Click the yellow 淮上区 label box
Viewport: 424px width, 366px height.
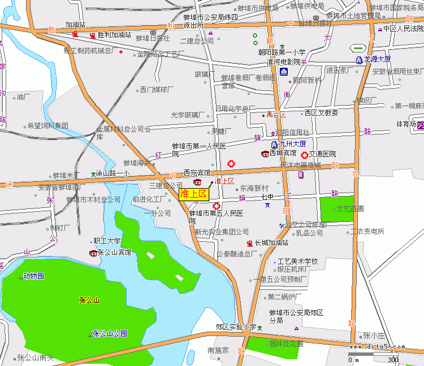point(194,194)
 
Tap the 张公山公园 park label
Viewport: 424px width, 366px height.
point(110,333)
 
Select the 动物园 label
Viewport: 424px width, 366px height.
point(33,276)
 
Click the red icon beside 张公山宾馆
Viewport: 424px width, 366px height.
point(93,252)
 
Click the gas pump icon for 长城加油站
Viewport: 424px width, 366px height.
point(249,243)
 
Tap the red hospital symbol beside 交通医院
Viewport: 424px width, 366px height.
point(305,154)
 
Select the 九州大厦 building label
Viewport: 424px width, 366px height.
point(292,144)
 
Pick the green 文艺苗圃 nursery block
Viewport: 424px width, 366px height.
point(338,208)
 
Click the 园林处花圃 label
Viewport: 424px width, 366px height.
point(285,343)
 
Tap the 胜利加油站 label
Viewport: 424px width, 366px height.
point(114,35)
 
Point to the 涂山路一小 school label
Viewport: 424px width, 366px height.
point(113,173)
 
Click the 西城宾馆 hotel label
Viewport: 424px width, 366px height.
point(283,153)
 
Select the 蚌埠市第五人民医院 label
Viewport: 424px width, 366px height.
point(216,213)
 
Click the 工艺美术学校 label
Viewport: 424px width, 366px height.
point(297,262)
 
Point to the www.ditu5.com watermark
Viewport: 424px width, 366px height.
point(377,347)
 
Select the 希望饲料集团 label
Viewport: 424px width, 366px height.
point(47,125)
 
